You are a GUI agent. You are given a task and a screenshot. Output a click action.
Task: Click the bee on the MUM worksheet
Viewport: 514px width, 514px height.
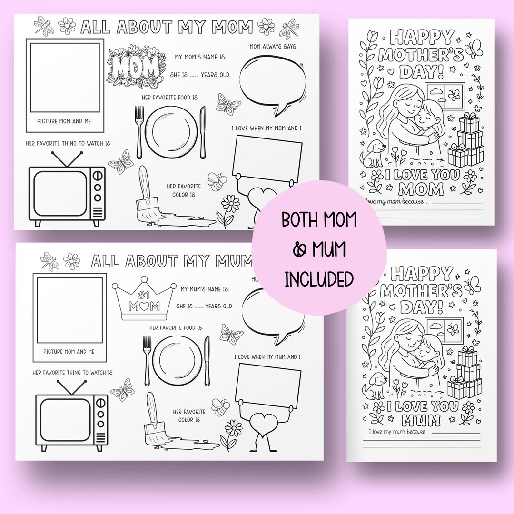point(221,407)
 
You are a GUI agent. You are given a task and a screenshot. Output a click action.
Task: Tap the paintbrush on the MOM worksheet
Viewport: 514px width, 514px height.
point(148,193)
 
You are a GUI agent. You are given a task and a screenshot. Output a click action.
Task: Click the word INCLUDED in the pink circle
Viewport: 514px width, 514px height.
point(319,279)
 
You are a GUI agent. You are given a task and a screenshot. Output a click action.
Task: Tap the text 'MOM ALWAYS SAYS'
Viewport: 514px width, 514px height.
point(273,46)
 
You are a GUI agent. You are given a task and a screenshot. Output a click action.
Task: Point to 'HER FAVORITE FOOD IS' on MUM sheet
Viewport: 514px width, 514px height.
point(176,328)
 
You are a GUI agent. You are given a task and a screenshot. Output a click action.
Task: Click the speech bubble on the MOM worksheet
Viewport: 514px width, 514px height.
point(267,82)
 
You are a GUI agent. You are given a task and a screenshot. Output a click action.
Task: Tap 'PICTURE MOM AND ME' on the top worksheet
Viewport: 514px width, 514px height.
point(64,121)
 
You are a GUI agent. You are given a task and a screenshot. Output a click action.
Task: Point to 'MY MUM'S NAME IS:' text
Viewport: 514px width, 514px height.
point(205,289)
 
